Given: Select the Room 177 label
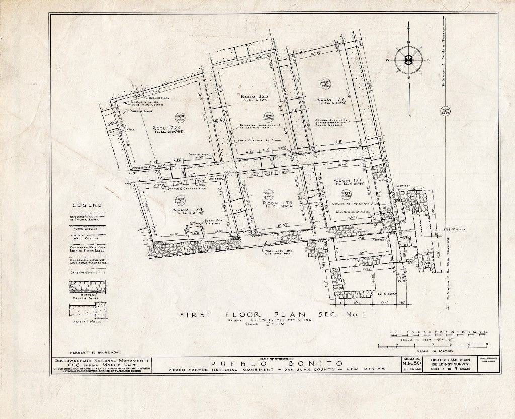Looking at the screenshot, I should pyautogui.click(x=329, y=100).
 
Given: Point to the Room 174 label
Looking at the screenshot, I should pyautogui.click(x=187, y=209).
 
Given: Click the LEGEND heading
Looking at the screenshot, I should pyautogui.click(x=88, y=205).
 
